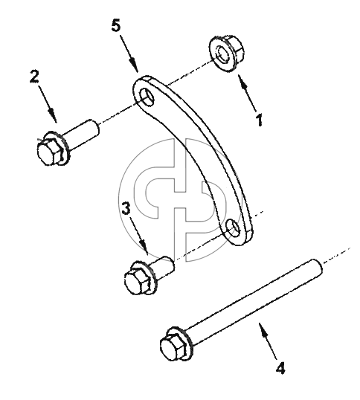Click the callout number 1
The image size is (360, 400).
(259, 120)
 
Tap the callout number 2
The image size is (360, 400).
(34, 77)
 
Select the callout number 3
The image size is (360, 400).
(126, 208)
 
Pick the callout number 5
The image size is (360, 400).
(116, 25)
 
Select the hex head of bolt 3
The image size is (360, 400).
(137, 283)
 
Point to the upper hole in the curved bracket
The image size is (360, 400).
(147, 97)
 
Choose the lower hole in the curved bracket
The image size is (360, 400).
(234, 228)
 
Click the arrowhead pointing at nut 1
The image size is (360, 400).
(242, 80)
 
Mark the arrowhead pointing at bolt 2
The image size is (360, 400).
(53, 116)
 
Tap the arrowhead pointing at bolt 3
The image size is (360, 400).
(144, 248)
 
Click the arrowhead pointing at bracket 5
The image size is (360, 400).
(134, 65)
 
